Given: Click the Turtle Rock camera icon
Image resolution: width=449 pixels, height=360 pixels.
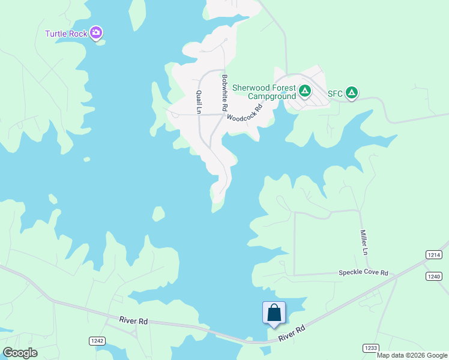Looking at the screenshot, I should click(x=96, y=32).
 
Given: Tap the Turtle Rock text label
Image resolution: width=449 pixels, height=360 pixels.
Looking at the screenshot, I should click(x=67, y=34).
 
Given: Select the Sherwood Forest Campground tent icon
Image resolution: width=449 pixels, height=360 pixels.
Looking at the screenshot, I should click(x=305, y=91).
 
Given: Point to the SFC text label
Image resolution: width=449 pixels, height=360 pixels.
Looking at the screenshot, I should click(x=335, y=94).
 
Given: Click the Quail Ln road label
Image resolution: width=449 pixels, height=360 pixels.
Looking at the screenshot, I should click(x=197, y=101).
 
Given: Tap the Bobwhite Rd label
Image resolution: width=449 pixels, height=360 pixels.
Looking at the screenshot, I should click(x=224, y=92).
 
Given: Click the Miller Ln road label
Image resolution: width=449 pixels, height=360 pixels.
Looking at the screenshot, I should click(x=363, y=242).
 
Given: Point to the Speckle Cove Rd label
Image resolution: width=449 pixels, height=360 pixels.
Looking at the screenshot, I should click(x=363, y=272).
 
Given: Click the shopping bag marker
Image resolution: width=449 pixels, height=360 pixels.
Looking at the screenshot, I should click(x=274, y=313).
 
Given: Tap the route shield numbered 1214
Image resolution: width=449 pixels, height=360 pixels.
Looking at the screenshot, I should click(x=434, y=255).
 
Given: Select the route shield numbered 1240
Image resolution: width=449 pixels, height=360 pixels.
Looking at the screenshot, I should click(x=434, y=276).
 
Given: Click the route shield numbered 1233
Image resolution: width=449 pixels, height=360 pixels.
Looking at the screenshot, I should click(x=370, y=348).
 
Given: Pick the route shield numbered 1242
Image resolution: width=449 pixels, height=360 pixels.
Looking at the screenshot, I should click(x=97, y=341).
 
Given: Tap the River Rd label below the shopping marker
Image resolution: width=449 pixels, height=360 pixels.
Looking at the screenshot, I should click(x=292, y=334).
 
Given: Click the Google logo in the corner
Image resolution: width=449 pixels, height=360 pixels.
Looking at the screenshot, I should click(x=20, y=353).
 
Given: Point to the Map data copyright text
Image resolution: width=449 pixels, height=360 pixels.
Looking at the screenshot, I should click(x=412, y=355).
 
